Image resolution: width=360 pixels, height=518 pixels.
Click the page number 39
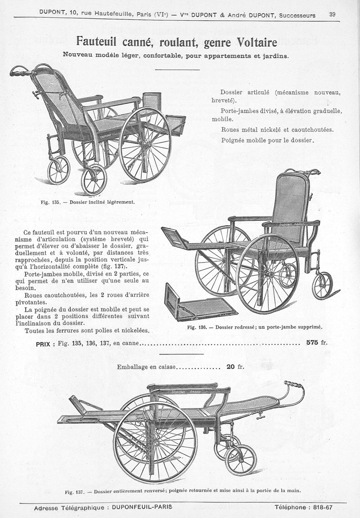point(333,14)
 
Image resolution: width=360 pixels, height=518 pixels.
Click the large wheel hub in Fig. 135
point(144,144)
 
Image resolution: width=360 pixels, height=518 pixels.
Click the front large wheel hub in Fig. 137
point(155,442)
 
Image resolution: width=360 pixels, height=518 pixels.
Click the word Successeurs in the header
point(297,15)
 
